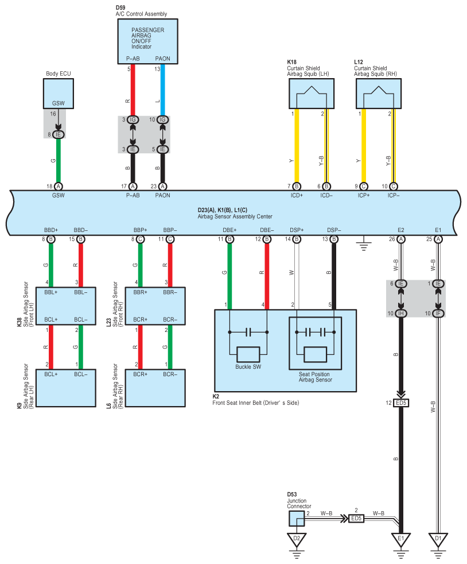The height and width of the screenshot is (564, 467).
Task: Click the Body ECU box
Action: (58, 94)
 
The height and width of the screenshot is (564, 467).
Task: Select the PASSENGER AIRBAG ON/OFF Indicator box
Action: (147, 41)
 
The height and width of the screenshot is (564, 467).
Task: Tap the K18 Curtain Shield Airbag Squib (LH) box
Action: (312, 94)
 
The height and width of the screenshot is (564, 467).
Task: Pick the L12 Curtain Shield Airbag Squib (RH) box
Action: (379, 94)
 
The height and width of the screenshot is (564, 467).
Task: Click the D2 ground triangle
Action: (297, 539)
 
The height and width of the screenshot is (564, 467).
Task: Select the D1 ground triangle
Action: (438, 539)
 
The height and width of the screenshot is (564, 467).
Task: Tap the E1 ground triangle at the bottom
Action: (401, 539)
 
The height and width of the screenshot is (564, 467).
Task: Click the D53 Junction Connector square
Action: (297, 518)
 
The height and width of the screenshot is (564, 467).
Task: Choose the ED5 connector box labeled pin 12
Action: (401, 403)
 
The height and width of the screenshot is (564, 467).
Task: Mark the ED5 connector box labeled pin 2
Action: (356, 518)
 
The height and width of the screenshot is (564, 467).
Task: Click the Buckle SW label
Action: (248, 367)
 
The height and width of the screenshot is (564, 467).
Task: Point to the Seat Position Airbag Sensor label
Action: (315, 377)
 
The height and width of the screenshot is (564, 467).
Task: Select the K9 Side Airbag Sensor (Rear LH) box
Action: (66, 388)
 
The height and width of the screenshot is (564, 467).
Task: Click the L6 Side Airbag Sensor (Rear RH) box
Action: (155, 388)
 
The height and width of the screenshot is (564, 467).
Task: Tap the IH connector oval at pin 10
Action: (401, 313)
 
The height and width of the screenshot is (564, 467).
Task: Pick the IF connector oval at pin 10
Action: (438, 313)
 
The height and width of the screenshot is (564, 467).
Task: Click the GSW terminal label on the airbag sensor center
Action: (58, 195)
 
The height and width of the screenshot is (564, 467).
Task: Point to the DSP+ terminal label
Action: (297, 230)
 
